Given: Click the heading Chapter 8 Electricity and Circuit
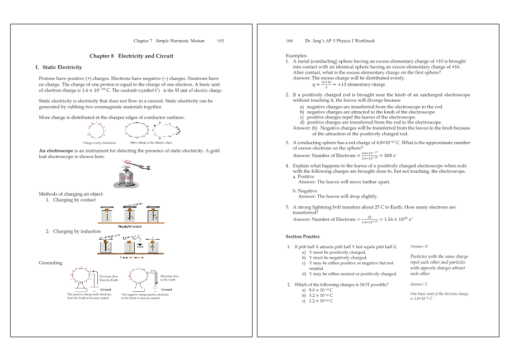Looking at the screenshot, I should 131,56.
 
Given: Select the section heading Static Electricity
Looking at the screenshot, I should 62,68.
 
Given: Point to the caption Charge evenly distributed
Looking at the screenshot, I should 99,143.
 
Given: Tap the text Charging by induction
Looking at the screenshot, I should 77,231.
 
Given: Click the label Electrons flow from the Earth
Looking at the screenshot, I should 109,278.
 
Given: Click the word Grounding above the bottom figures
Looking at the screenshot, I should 50,263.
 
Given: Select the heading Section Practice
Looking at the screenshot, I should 303,236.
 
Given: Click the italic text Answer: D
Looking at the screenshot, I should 419,246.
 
